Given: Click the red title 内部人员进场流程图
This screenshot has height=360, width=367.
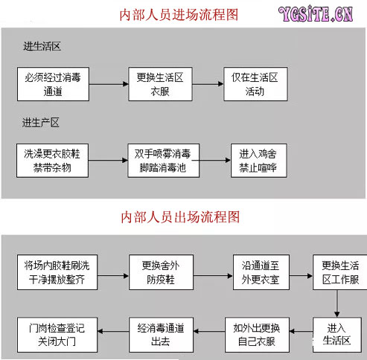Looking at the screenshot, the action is point(179,15).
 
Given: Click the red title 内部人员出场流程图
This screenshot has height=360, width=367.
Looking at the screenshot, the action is point(180,217).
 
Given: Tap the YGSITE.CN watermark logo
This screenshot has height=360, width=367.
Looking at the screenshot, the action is point(316,14).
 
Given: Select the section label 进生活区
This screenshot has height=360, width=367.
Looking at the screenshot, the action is point(42,46).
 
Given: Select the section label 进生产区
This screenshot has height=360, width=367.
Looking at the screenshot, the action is point(41,123).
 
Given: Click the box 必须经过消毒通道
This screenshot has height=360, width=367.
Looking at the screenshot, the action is point(53,84).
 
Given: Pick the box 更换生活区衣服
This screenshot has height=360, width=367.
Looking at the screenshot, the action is point(160,84).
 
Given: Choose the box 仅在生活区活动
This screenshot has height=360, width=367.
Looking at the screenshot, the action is point(255,84).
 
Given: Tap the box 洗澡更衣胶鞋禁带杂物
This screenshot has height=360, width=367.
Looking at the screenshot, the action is point(52,161).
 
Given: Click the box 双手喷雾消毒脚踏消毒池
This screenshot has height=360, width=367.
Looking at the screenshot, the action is point(164,161).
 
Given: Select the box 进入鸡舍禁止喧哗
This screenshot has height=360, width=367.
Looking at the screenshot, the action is point(259,161).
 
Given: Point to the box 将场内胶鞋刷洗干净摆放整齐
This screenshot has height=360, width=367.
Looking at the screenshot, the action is point(57,272).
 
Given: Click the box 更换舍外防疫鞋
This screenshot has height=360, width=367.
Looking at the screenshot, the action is point(161,272).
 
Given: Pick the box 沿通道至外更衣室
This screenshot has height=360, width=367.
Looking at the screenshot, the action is point(261,272).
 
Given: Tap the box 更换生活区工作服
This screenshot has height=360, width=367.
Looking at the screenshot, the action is point(340,272).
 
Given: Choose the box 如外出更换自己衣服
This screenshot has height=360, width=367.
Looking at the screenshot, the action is point(257,335).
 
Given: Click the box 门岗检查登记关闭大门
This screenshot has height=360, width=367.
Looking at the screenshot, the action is point(57,335).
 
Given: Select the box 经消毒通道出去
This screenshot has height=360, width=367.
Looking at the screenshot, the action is point(161,335).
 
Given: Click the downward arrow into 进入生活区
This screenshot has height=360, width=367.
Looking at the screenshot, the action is point(336,303).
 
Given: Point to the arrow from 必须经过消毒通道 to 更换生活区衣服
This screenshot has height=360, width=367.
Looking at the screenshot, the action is point(109,84).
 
